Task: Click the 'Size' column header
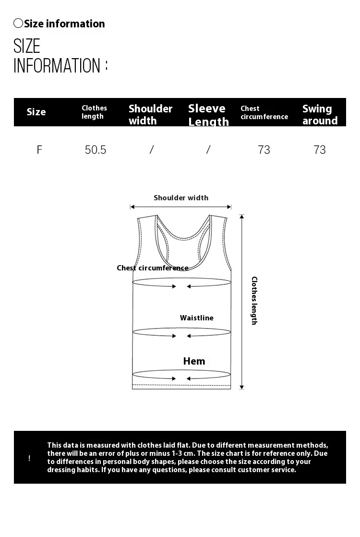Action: (x=36, y=112)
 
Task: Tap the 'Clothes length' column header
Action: (x=94, y=112)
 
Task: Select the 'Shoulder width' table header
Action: (x=150, y=114)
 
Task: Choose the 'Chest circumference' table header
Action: (x=264, y=112)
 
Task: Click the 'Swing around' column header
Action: (x=320, y=114)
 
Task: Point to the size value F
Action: (x=39, y=150)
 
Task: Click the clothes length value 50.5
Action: (x=95, y=150)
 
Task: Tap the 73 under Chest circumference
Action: (x=264, y=150)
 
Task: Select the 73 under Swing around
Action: (x=320, y=150)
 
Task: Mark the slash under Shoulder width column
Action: (x=152, y=150)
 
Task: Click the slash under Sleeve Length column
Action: (x=208, y=150)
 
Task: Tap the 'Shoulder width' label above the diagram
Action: (x=181, y=198)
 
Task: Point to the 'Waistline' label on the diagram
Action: (x=197, y=318)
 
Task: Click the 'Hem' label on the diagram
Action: (x=194, y=361)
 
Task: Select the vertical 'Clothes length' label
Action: (x=254, y=301)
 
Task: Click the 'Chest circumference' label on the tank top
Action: (x=153, y=268)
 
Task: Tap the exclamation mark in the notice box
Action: (x=29, y=458)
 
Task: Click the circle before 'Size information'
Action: (x=18, y=23)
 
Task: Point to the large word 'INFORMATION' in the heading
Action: (x=57, y=66)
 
